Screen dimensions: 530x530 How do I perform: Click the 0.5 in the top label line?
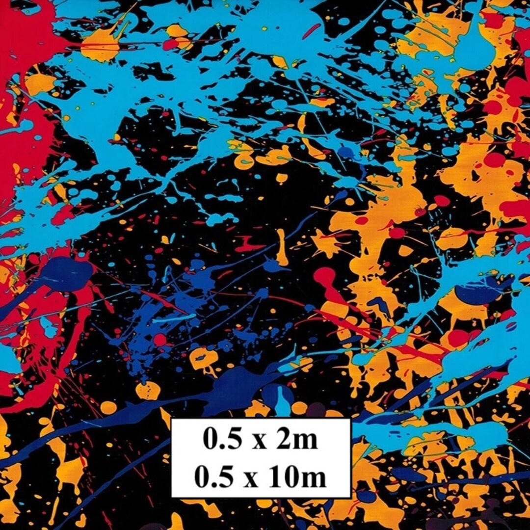pyautogui.click(x=219, y=440)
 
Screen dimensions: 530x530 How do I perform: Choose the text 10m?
pyautogui.click(x=298, y=477)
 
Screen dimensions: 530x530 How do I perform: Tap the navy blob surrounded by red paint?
pyautogui.click(x=69, y=270)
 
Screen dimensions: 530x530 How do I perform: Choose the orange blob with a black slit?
pyautogui.click(x=201, y=358)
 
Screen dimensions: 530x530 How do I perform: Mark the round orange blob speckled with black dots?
pyautogui.click(x=148, y=391)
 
